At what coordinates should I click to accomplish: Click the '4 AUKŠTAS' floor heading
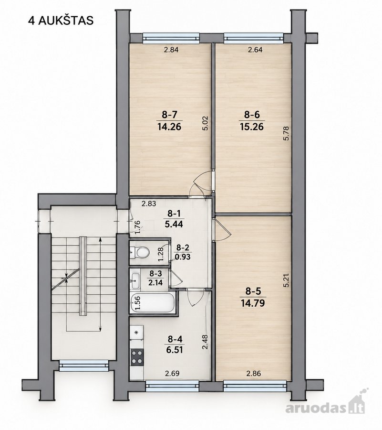coord(61,21)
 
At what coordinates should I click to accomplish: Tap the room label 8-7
coord(169,114)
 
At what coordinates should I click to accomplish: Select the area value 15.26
coord(251,127)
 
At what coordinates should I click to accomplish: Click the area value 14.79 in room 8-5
coord(253,303)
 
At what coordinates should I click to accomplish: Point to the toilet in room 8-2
coord(140,252)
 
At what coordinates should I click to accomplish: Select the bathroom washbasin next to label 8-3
coord(135,280)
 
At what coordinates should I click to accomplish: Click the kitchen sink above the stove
coord(137,333)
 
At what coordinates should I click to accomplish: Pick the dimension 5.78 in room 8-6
coord(286,133)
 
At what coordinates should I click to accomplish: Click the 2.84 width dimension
coord(171,50)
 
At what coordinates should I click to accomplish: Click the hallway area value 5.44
coord(174,225)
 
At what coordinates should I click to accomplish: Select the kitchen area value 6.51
coord(176,350)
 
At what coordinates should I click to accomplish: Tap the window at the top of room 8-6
coord(253,38)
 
